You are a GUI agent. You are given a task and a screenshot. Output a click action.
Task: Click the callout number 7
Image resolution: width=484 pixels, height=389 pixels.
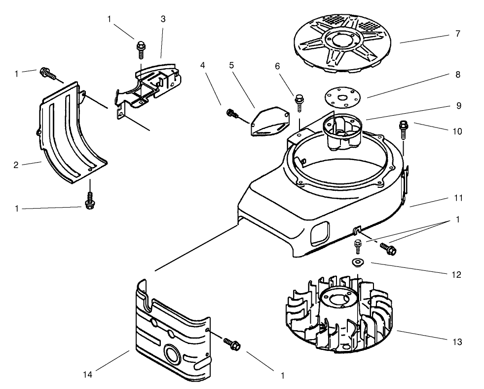point(458,34)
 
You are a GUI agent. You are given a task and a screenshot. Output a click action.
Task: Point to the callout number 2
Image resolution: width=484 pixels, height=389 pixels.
point(16,165)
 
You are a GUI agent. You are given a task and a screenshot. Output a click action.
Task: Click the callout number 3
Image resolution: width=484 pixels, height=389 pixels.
point(163,19)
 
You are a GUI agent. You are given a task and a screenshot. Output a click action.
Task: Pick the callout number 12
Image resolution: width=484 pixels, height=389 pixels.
point(458,275)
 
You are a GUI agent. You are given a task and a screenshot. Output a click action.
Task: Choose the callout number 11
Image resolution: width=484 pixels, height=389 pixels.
point(459,198)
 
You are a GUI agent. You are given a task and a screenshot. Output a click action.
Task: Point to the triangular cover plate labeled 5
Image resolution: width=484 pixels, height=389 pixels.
point(269,122)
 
